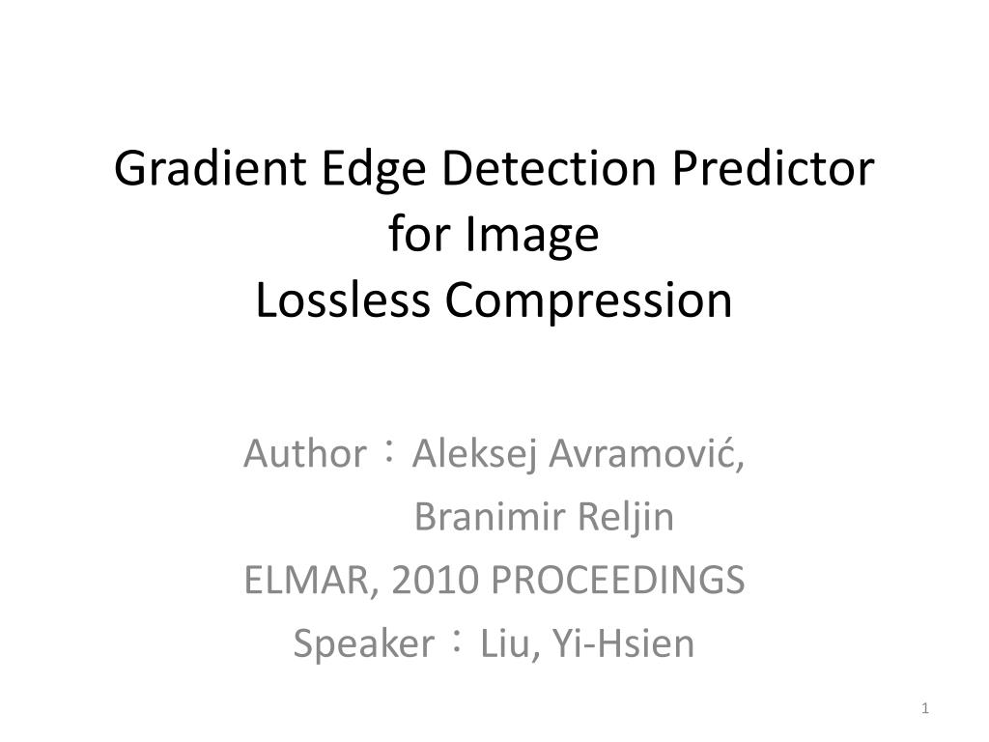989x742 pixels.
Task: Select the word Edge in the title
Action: pos(359,170)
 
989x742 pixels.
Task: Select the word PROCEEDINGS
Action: pos(619,581)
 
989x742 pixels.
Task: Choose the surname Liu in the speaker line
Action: pos(503,644)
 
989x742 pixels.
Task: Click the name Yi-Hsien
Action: pos(622,644)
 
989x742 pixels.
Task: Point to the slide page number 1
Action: pos(925,710)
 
